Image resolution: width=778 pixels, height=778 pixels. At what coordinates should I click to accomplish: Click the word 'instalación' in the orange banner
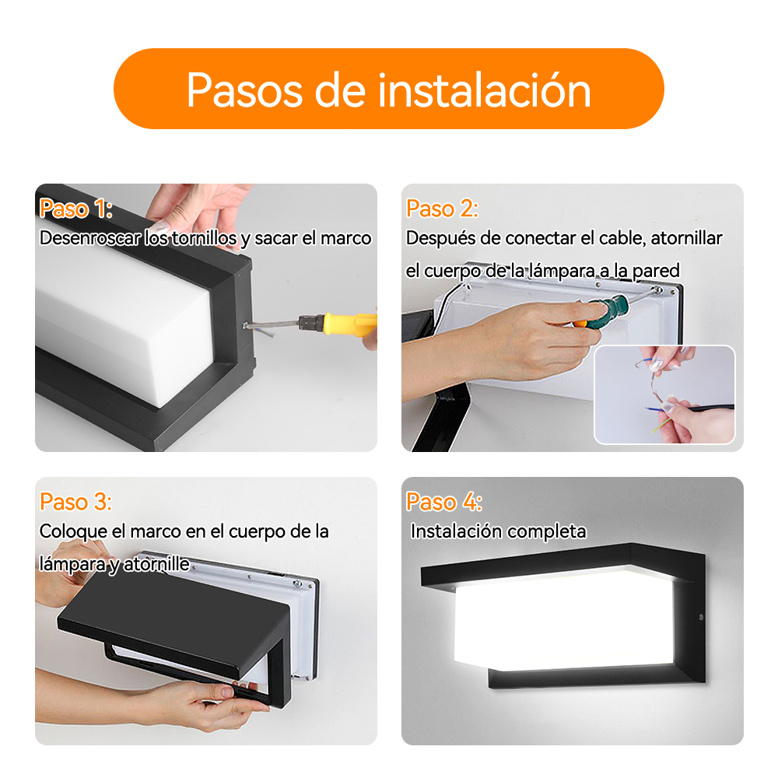[485, 90]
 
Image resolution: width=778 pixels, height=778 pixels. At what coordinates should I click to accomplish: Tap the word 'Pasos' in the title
[244, 90]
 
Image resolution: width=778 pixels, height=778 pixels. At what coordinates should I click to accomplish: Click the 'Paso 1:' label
[76, 209]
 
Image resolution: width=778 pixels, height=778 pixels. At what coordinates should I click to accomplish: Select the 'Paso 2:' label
[442, 209]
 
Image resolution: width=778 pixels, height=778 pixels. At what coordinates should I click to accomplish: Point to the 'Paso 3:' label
[76, 502]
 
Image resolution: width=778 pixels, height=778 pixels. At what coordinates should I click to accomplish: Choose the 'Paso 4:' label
[443, 502]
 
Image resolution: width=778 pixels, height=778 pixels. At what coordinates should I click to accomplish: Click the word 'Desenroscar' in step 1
[89, 238]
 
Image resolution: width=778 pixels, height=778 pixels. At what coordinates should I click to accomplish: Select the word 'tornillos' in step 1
[204, 238]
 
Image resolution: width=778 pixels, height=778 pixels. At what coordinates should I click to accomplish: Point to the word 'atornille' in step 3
[156, 564]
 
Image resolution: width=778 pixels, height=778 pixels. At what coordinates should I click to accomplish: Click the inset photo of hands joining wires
[664, 395]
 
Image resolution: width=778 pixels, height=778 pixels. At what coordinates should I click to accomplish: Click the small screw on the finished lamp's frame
[701, 618]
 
